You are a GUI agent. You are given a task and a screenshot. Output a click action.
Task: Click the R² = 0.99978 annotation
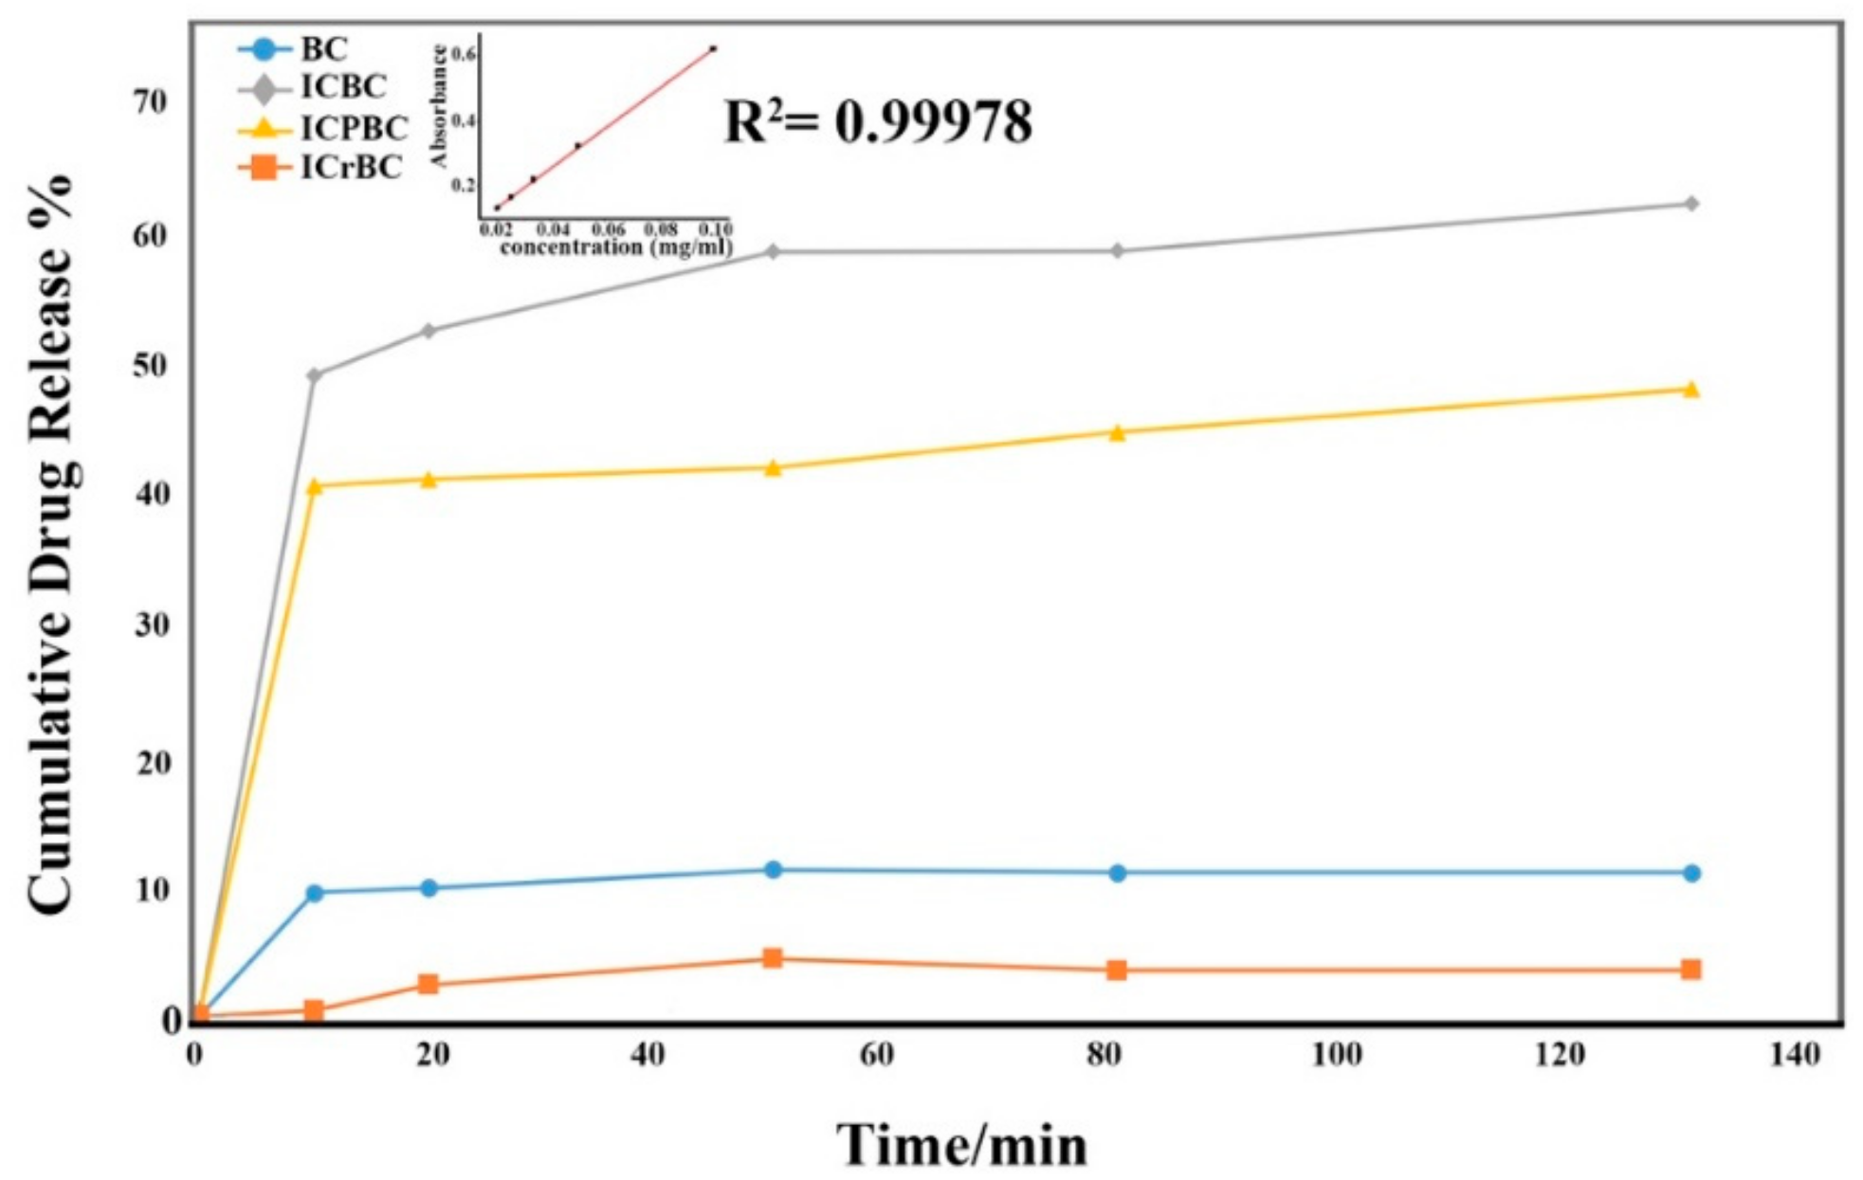click(877, 122)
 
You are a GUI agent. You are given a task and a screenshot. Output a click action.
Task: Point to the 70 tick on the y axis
click(150, 102)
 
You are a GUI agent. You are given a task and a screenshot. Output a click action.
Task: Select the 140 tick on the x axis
click(1794, 1055)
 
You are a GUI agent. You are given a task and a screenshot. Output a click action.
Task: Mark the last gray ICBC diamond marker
click(1690, 204)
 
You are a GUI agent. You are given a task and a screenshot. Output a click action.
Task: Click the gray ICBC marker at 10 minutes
click(315, 375)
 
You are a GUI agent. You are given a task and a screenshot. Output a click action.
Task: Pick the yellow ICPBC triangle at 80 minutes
click(1117, 433)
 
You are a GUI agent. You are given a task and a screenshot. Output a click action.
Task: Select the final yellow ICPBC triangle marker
click(1690, 390)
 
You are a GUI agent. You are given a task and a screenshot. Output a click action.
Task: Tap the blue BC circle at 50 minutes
click(773, 869)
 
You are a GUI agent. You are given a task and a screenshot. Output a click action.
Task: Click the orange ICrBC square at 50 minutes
click(773, 958)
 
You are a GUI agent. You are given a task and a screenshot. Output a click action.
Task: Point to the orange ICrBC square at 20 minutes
click(429, 984)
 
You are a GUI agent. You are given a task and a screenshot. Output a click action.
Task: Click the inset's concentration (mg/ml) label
click(615, 247)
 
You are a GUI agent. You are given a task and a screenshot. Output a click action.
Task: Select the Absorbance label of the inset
click(439, 106)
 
